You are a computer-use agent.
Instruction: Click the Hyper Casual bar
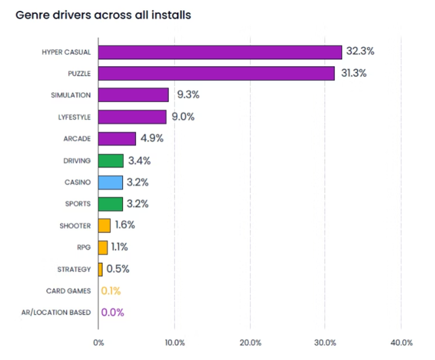coord(220,52)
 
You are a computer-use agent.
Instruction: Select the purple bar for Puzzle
coord(216,74)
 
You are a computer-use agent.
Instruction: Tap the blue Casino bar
coord(111,182)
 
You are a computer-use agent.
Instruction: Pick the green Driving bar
coord(111,161)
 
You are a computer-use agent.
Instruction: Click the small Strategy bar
coord(100,269)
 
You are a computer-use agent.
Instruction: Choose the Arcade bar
coord(117,139)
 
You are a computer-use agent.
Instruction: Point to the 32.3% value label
coord(360,51)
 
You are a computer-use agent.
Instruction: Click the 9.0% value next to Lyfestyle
coord(183,117)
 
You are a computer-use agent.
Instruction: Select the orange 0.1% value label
coord(111,291)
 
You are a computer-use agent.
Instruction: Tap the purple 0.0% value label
coord(113,312)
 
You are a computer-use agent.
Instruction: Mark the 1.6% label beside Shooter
coord(124,225)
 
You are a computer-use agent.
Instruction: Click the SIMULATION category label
coord(71,95)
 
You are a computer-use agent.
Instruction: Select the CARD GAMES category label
coord(68,291)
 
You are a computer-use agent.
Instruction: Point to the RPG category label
coord(83,247)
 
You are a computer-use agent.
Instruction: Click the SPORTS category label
coord(78,204)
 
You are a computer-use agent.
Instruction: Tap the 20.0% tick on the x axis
coord(250,343)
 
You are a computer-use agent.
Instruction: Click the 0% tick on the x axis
coord(98,343)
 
